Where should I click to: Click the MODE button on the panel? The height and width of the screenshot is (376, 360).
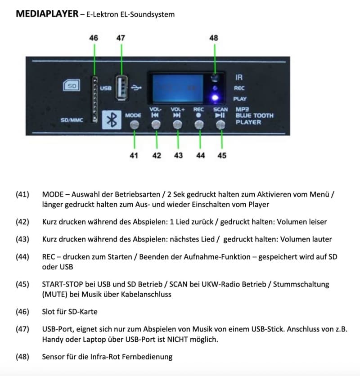135,125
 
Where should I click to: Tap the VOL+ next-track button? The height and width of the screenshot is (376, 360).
178,125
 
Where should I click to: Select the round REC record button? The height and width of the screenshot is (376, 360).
199,125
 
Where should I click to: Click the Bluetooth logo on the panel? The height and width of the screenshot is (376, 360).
112,120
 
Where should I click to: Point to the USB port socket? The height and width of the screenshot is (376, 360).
121,88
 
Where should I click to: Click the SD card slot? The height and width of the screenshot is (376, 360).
95,99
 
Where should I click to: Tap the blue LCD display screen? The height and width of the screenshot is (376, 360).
178,88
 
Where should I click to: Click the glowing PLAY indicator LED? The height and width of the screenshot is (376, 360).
215,98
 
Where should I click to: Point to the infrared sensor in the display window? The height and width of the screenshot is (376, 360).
215,78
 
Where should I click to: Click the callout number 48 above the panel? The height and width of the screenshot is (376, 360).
214,38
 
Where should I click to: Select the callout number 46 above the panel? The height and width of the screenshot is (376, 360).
94,38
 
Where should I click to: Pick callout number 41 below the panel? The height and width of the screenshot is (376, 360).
134,156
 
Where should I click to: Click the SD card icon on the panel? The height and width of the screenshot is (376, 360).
72,85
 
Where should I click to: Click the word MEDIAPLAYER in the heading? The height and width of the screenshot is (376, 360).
47,13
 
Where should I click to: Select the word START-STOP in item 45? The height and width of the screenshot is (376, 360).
63,284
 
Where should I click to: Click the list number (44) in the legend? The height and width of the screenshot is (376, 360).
22,257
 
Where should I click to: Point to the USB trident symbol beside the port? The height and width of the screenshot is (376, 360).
136,88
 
